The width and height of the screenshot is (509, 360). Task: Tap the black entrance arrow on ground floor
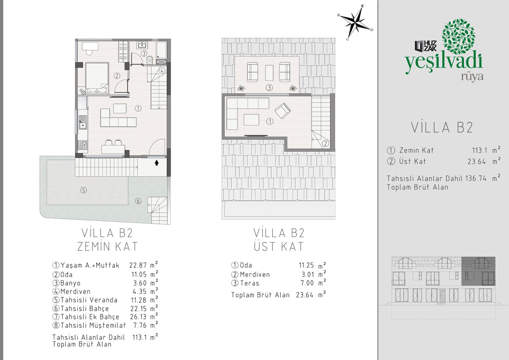click(x=157, y=163)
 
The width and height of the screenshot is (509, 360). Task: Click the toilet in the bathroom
click(x=149, y=60)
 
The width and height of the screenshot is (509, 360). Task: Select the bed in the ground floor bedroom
click(x=97, y=78)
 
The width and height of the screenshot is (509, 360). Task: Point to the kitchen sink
click(x=83, y=122)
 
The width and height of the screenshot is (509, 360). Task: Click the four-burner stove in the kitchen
click(x=83, y=145)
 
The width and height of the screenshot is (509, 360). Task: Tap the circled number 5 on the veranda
click(x=84, y=190)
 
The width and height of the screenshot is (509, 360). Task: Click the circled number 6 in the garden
click(x=138, y=201)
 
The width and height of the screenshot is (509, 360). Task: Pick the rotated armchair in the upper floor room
click(x=282, y=111)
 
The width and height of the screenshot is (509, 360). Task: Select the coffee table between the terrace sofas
click(x=269, y=73)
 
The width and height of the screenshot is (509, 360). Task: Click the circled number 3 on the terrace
click(x=269, y=87)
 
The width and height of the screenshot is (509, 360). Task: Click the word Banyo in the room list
click(x=70, y=283)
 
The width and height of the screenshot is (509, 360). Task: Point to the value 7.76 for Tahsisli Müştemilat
click(x=140, y=325)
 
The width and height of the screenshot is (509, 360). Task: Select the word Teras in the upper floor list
click(x=249, y=283)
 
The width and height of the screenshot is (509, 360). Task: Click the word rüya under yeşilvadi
click(x=472, y=77)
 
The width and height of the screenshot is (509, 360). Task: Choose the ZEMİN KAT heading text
click(x=107, y=246)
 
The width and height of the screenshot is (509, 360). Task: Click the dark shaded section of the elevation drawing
click(x=478, y=271)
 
